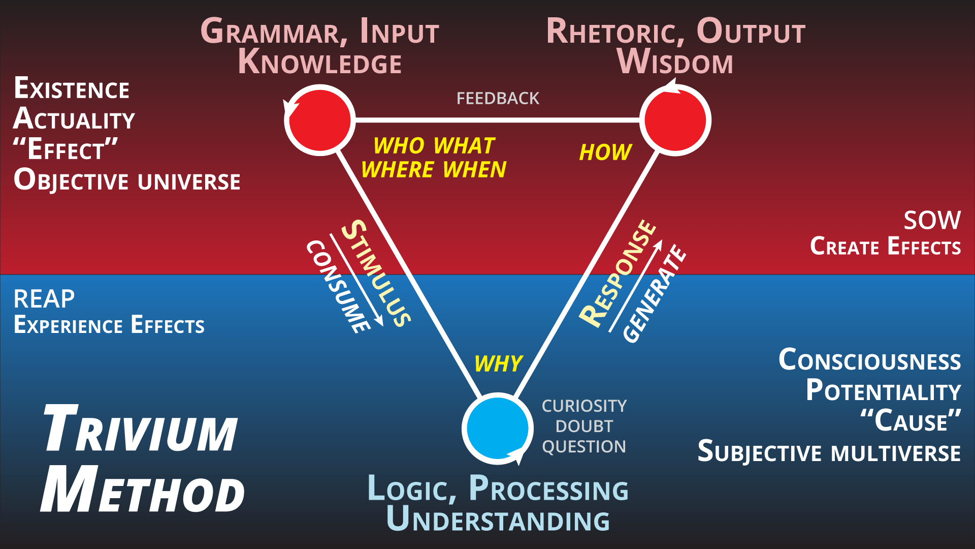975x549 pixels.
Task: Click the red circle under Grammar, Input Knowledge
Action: point(319,120)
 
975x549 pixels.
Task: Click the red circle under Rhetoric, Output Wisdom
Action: point(675,120)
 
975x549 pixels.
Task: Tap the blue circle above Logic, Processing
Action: point(497,429)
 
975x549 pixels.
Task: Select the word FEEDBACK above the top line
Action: point(498,98)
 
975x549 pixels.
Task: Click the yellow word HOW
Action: point(605,152)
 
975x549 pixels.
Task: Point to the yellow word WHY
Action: point(498,364)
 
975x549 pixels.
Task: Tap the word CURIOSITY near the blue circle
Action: point(584,406)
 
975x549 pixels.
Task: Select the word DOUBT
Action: point(584,426)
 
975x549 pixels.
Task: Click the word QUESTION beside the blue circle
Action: point(584,446)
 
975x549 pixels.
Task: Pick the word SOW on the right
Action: point(932,220)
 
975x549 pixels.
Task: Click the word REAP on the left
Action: point(44,299)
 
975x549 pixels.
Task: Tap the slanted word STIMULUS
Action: point(376,273)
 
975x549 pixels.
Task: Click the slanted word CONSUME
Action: point(338,287)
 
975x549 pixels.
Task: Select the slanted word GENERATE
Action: point(654,293)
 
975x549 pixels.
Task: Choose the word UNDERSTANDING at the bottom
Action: point(498,520)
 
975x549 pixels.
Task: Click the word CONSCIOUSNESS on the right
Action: point(869,360)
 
